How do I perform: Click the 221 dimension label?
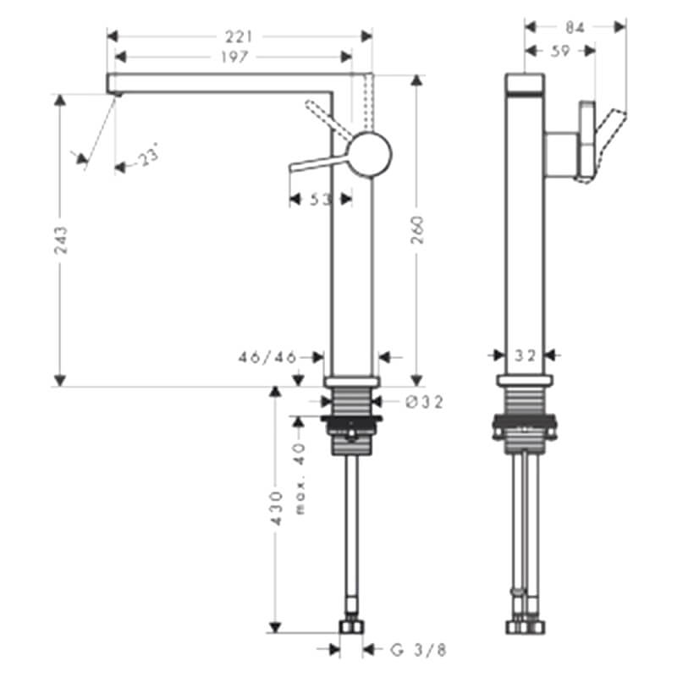point(239,36)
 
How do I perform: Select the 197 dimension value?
point(235,57)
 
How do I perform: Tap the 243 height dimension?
point(61,240)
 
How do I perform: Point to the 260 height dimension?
point(417,230)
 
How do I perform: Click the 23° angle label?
point(147,155)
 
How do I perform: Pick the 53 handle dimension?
point(321,200)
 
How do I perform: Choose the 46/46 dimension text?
point(267,357)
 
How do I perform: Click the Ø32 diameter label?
point(425,403)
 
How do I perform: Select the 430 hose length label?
point(276,508)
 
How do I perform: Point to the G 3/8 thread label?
point(418,650)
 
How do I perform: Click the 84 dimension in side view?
point(575,28)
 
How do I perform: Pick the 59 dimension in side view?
point(560,51)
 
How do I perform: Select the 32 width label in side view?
point(525,355)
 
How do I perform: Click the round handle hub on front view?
point(370,154)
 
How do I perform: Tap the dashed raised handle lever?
point(328,120)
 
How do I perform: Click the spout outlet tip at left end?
point(114,93)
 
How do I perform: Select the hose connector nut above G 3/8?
point(351,627)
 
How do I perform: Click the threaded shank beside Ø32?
point(351,401)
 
